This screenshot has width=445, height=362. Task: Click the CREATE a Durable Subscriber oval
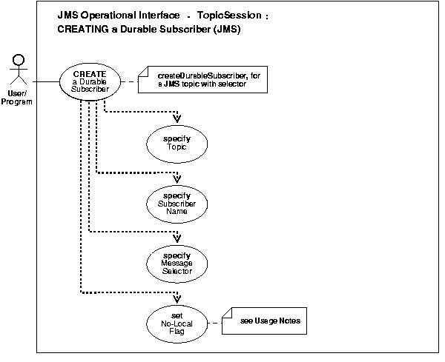pyautogui.click(x=90, y=81)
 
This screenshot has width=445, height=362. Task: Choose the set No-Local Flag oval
pyautogui.click(x=177, y=322)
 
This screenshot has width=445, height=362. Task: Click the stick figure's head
pyautogui.click(x=20, y=60)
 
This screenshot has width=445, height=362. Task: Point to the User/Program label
pyautogui.click(x=20, y=98)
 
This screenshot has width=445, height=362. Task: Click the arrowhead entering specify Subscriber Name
pyautogui.click(x=177, y=178)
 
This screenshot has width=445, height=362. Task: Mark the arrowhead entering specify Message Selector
pyautogui.click(x=177, y=237)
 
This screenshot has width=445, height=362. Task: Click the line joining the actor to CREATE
pyautogui.click(x=45, y=81)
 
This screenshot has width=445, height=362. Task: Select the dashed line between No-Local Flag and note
pyautogui.click(x=215, y=322)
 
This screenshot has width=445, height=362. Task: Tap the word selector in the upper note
pyautogui.click(x=250, y=85)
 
